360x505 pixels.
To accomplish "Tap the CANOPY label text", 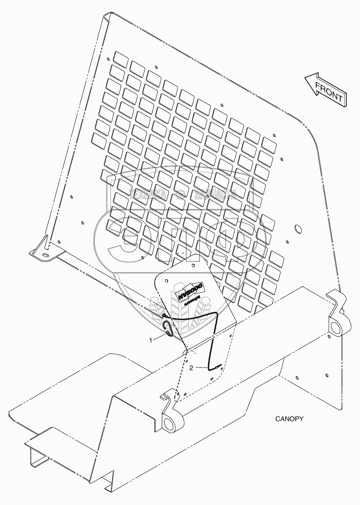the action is [289, 419].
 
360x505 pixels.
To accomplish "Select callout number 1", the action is [151, 340].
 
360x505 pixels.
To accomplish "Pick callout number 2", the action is [191, 367].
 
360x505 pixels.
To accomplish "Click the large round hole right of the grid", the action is [298, 229].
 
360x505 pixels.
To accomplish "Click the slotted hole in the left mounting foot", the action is [44, 255].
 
